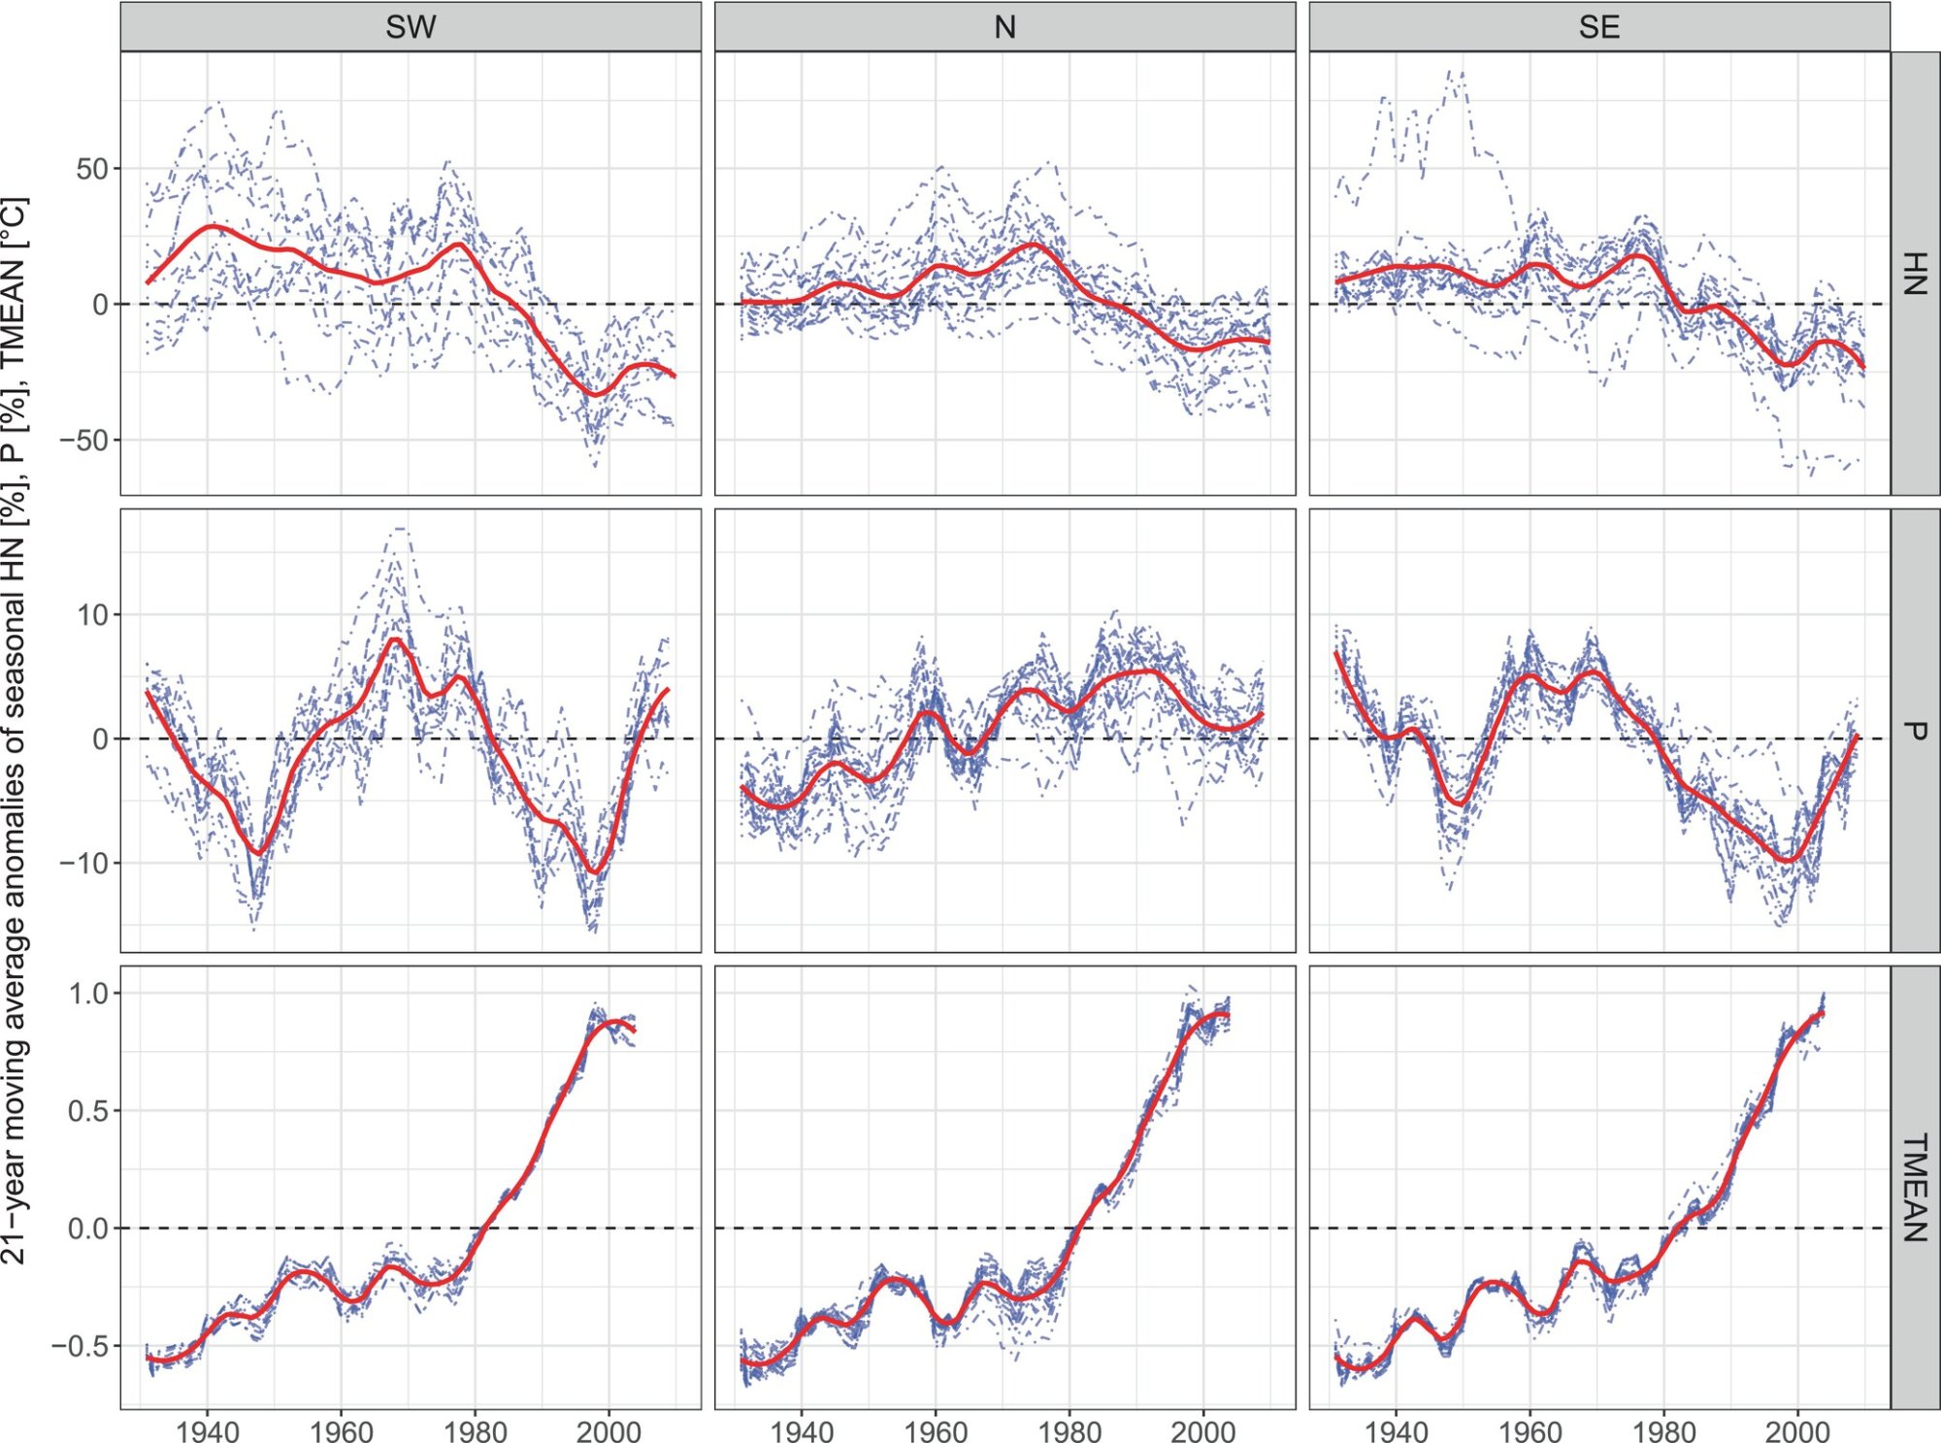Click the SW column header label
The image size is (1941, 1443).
411,26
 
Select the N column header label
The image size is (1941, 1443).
1004,26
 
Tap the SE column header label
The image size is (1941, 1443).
1598,26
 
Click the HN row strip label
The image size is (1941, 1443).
1914,273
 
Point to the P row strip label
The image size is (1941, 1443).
1914,730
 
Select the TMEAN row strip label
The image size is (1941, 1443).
1914,1187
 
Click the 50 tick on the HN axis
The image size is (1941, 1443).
91,169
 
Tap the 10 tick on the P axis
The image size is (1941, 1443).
93,615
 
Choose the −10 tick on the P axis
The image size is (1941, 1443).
85,863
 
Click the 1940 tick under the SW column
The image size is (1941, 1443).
207,1430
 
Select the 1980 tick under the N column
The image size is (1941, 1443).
1069,1430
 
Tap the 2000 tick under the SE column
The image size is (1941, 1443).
1797,1430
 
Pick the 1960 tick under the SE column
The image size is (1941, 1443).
1530,1430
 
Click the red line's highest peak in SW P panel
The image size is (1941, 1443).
395,639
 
